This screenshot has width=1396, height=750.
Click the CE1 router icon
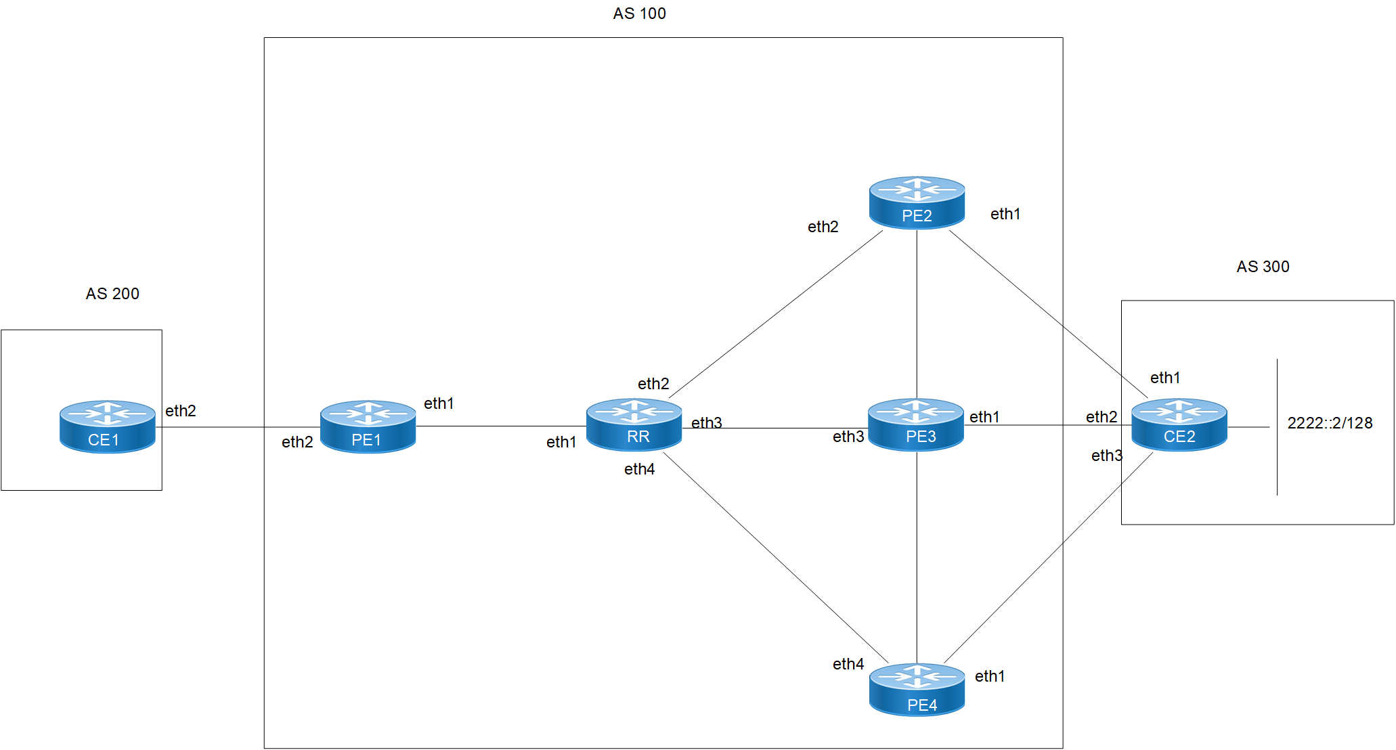pyautogui.click(x=108, y=426)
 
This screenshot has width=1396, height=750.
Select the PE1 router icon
pyautogui.click(x=368, y=426)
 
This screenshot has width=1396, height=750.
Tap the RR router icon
pyautogui.click(x=634, y=424)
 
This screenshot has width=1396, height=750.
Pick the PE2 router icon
pyautogui.click(x=917, y=202)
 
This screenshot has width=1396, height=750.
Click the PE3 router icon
pyautogui.click(x=915, y=424)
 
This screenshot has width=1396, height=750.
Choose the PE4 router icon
pyautogui.click(x=917, y=690)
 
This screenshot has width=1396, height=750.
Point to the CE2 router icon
pyautogui.click(x=1179, y=424)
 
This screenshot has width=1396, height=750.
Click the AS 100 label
pyautogui.click(x=639, y=14)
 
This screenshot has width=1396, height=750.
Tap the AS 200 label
pyautogui.click(x=112, y=294)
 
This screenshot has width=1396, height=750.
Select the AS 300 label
pyautogui.click(x=1263, y=267)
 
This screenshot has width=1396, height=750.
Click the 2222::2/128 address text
pyautogui.click(x=1330, y=423)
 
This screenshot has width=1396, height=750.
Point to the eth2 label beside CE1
pyautogui.click(x=181, y=411)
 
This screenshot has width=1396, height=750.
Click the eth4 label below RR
pyautogui.click(x=639, y=469)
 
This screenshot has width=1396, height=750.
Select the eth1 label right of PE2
pyautogui.click(x=1005, y=214)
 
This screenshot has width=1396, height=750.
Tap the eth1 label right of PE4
pyautogui.click(x=990, y=676)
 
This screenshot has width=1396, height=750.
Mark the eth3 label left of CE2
pyautogui.click(x=1107, y=456)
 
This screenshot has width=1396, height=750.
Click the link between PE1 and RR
pyautogui.click(x=501, y=426)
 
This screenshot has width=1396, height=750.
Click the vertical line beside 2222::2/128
pyautogui.click(x=1278, y=460)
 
